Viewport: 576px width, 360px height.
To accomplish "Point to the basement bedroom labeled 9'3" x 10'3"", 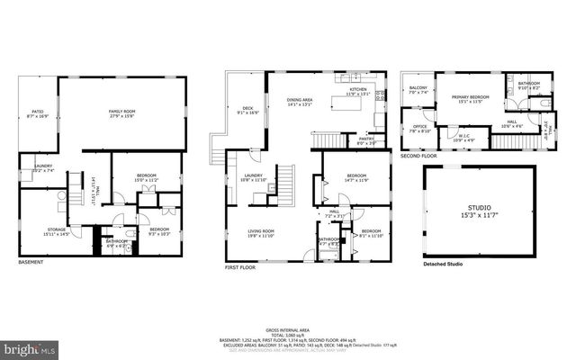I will (x=159, y=230).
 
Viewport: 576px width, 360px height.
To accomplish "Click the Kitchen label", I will (x=358, y=92).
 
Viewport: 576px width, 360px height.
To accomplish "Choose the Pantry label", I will (x=367, y=140).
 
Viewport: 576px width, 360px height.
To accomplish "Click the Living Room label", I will (x=261, y=232).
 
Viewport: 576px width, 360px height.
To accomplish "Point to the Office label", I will (x=419, y=128).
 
